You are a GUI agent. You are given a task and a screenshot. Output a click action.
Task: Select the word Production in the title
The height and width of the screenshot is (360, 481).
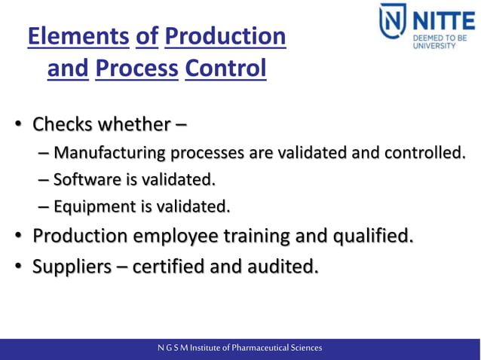click(224, 36)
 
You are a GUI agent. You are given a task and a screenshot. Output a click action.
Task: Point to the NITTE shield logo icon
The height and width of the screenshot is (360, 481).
click(393, 26)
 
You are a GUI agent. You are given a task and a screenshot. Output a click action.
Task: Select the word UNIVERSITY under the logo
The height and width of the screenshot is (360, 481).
click(434, 45)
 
